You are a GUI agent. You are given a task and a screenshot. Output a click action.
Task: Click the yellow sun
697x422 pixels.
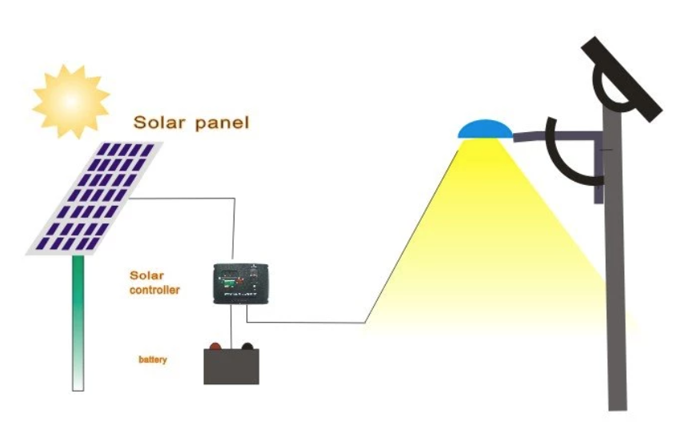click(70, 99)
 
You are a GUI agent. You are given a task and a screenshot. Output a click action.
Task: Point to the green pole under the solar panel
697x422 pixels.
click(78, 320)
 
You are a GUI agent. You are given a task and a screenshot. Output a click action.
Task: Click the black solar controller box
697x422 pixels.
click(241, 283)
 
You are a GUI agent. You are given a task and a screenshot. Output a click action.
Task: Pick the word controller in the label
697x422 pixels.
click(154, 290)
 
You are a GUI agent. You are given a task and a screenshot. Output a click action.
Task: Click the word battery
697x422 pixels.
click(152, 360)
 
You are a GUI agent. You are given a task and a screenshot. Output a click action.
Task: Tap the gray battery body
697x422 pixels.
click(233, 368)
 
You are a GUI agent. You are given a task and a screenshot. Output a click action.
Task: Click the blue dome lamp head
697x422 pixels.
click(483, 129)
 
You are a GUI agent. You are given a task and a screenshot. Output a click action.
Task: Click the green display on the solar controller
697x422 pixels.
click(227, 282)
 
